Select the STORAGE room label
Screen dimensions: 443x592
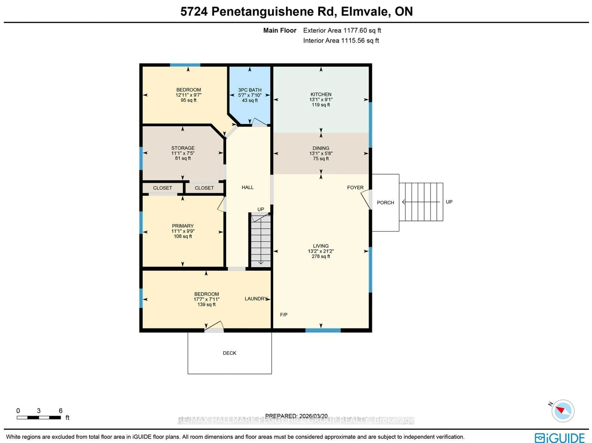[x=183, y=148]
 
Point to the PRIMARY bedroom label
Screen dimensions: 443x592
[x=183, y=226]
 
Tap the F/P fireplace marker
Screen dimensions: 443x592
[x=284, y=315]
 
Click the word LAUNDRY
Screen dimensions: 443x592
[x=256, y=299]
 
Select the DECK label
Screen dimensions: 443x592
[x=229, y=353]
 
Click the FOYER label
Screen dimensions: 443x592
[x=355, y=188]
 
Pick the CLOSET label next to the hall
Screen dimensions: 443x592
[x=204, y=188]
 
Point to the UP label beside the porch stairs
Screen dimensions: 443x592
[x=449, y=202]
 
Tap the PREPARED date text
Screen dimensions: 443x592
[x=296, y=416]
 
